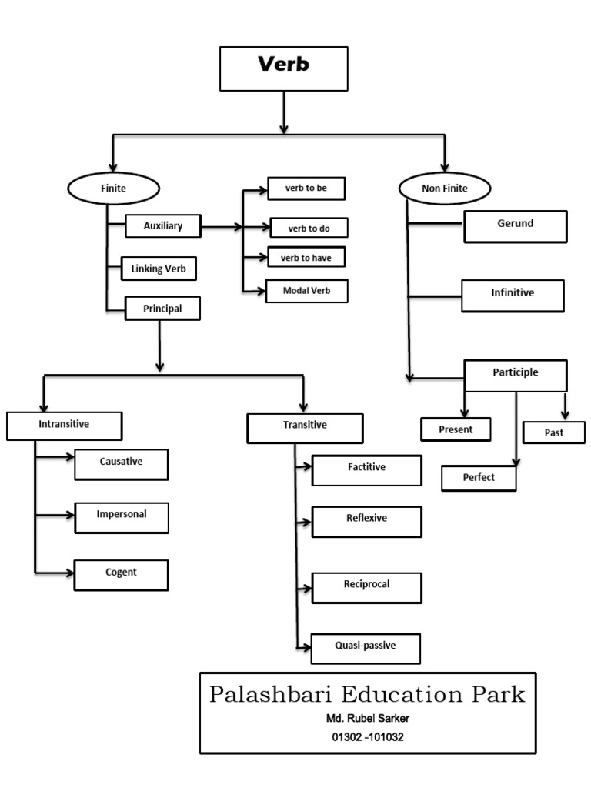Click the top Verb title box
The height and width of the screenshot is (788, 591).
click(283, 68)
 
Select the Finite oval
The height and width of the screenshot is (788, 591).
click(114, 189)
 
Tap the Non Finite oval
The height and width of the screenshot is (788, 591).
click(445, 189)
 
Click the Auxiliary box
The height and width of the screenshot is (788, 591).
click(163, 226)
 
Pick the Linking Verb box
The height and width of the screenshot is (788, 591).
click(159, 269)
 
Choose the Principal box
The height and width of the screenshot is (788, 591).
click(162, 308)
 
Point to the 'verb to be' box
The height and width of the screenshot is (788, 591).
click(306, 189)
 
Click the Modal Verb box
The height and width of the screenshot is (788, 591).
click(306, 291)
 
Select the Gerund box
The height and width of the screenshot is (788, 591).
click(515, 227)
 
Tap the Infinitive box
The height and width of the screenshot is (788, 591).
click(513, 296)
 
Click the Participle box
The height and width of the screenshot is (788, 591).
click(516, 376)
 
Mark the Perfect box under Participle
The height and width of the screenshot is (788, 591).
click(479, 478)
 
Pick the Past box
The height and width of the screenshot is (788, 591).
click(554, 432)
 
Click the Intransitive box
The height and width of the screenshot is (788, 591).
click(65, 426)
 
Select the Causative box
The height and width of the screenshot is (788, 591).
click(121, 465)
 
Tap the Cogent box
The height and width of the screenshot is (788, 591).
click(121, 575)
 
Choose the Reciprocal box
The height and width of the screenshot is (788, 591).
click(367, 588)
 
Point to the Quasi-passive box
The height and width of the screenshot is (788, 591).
click(366, 649)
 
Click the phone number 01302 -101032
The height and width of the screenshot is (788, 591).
click(368, 737)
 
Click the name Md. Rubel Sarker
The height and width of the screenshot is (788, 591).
click(368, 718)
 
